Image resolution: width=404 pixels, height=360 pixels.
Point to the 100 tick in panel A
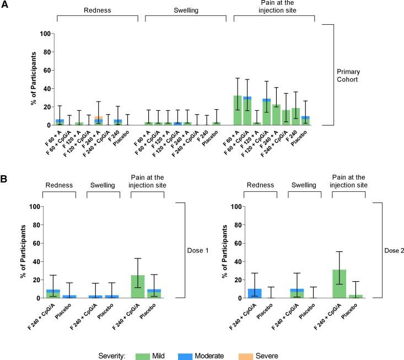pyautogui.click(x=47, y=34)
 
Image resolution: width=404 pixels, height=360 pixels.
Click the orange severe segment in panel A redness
pyautogui.click(x=99, y=117)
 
